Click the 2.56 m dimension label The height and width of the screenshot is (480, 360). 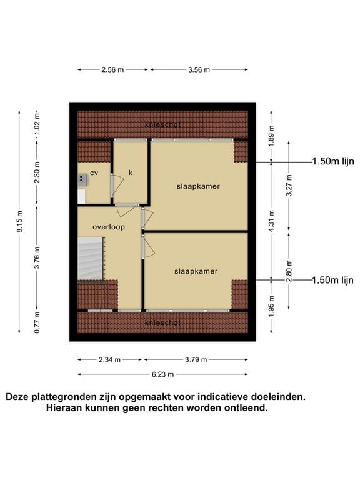112,69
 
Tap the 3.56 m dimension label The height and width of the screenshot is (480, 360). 199,69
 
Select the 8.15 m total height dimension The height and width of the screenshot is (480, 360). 19,221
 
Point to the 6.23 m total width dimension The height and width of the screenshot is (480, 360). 162,374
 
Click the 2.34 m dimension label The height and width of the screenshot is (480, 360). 109,360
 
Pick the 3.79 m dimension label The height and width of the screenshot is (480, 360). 196,360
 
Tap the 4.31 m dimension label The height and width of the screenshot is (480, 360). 271,221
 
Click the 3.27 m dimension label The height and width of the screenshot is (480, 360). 289,186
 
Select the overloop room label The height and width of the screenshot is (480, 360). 109,227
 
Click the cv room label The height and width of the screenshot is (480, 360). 94,173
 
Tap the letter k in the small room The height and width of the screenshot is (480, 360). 131,172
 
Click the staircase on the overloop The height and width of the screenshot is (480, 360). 91,259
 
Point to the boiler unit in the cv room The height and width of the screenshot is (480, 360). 83,180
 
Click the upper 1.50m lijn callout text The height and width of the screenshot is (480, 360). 332,161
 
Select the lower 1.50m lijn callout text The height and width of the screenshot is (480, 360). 332,280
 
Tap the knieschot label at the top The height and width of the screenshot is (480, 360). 162,124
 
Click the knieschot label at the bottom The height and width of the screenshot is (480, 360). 162,322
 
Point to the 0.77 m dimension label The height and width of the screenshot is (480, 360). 37,322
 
